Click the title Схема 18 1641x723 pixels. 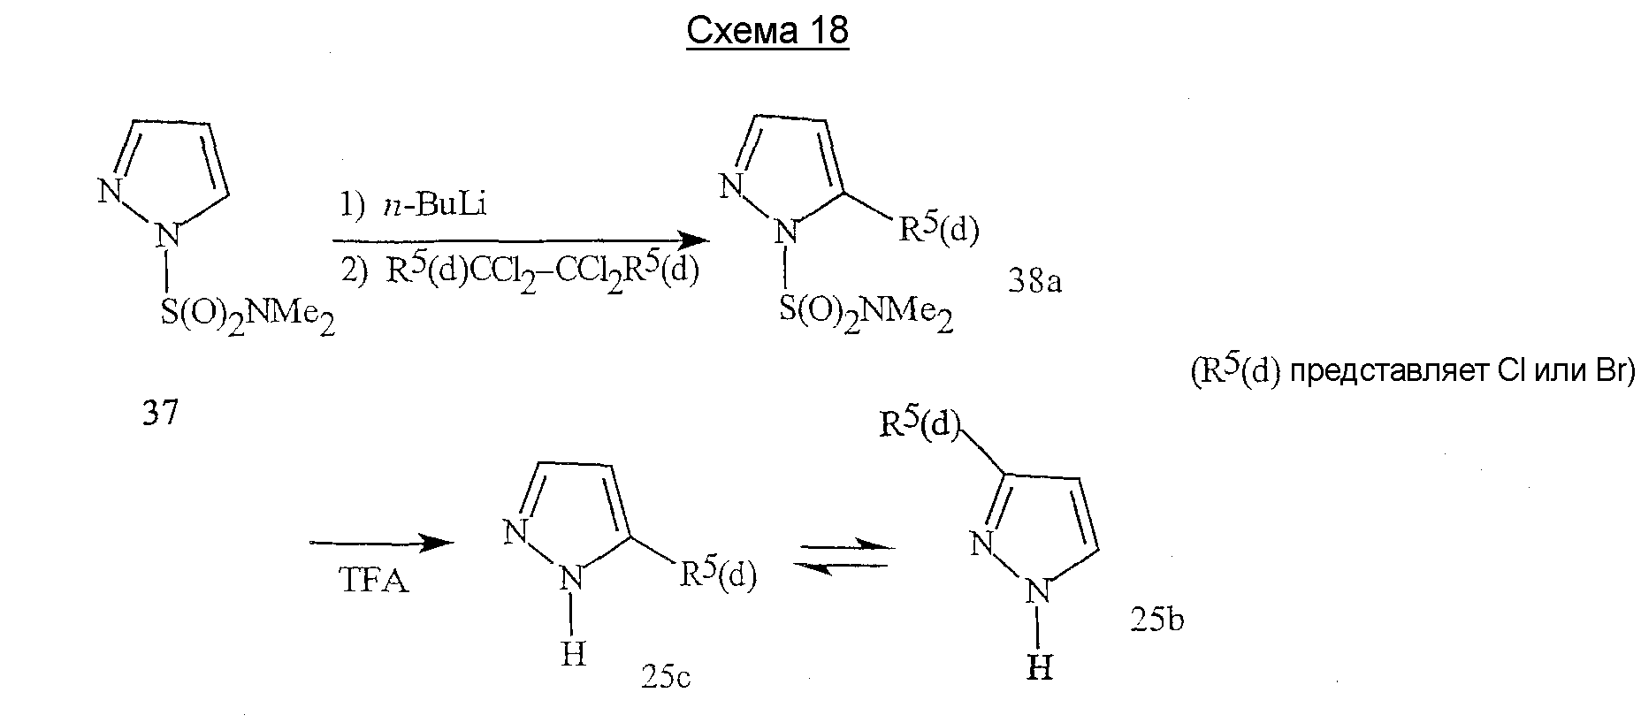pos(767,31)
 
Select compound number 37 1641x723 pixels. pos(160,413)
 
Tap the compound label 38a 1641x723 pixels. pos(1034,282)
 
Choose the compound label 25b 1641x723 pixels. pos(1156,620)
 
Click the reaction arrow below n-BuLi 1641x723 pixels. pos(520,240)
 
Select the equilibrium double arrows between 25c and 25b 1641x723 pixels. pos(842,556)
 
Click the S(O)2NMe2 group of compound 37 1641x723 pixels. pos(248,319)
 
